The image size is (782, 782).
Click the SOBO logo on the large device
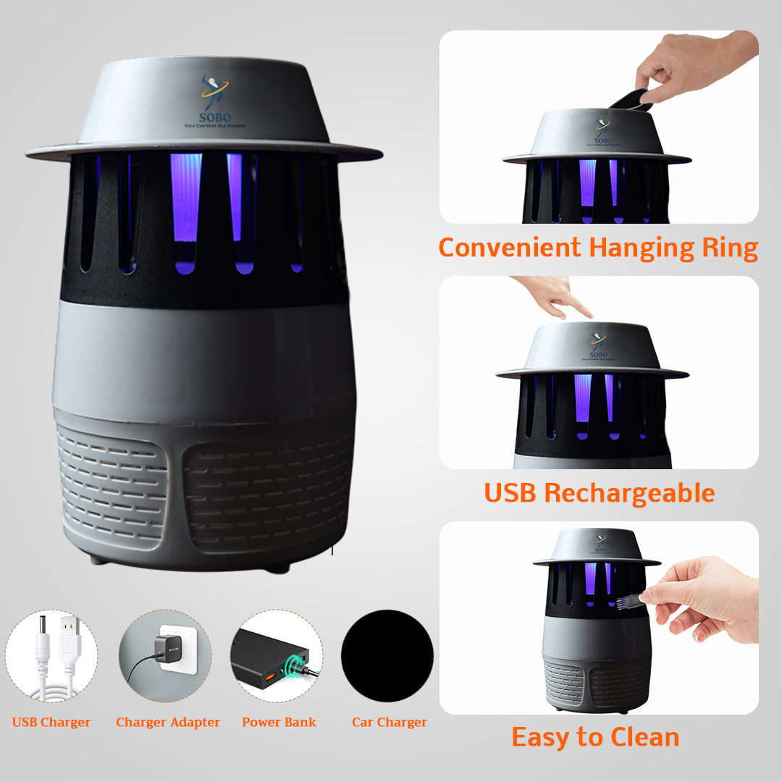(x=214, y=101)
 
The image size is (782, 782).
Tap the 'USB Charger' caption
(x=51, y=722)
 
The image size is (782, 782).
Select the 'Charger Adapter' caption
(x=168, y=722)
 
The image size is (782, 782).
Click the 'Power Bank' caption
(x=279, y=722)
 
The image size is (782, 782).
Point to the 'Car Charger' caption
(x=390, y=722)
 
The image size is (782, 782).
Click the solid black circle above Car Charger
(x=387, y=655)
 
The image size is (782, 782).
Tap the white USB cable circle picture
(x=51, y=655)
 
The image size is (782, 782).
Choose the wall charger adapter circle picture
(x=165, y=655)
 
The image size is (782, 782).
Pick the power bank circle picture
(x=276, y=655)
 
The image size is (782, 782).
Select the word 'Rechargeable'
(x=629, y=494)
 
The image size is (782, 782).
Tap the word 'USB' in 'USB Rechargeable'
(x=510, y=493)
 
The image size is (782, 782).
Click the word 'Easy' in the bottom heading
(x=540, y=737)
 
